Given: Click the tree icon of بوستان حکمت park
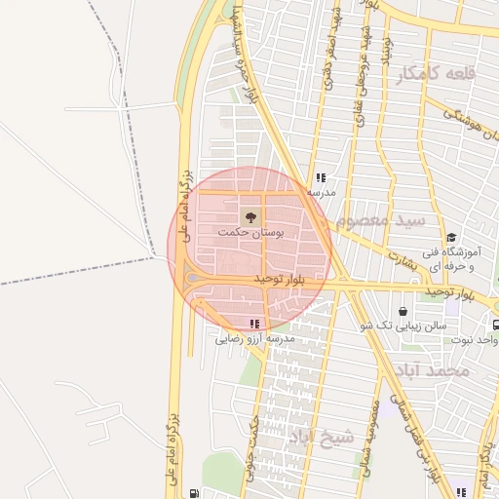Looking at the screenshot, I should coord(250,214).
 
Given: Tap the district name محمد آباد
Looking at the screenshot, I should coord(441,371).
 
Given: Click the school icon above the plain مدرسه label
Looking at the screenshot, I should coord(321,177).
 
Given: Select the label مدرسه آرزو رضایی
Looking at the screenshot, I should coord(254,339).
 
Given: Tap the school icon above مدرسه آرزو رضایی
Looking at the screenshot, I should coord(254,324).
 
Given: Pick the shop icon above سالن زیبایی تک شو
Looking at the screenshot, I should coord(403,311).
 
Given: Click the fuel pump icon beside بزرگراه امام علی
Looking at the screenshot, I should coord(195,493).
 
